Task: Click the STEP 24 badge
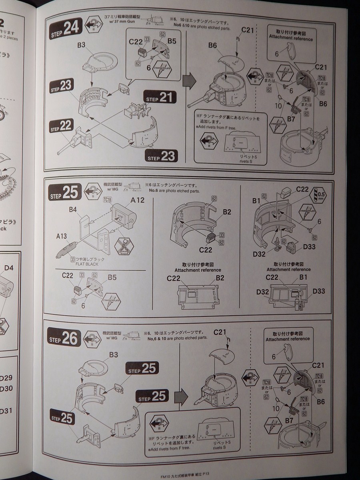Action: coord(66,28)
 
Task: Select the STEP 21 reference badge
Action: coord(160,98)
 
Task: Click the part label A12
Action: coord(137,200)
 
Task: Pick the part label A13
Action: coord(62,236)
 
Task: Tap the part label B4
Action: coord(73,209)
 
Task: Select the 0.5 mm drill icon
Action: coord(319,195)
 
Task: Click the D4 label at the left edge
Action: coord(9,268)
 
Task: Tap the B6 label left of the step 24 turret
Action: coord(212,46)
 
